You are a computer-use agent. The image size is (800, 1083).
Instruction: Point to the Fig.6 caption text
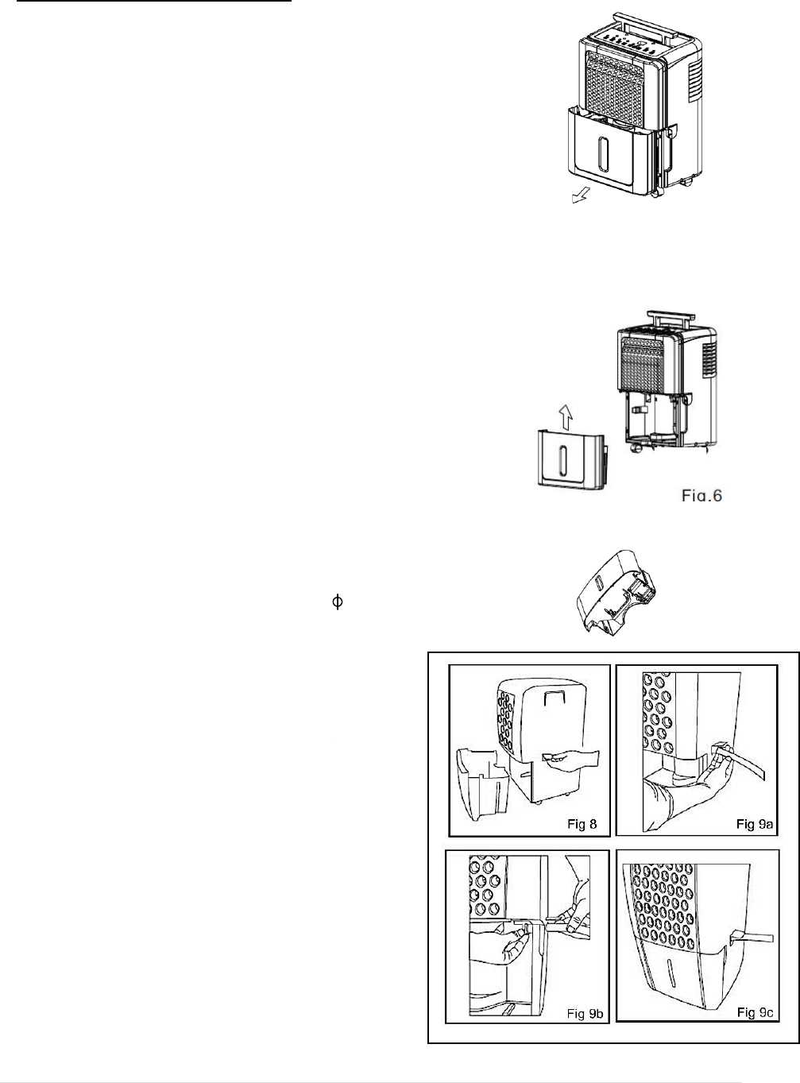701,496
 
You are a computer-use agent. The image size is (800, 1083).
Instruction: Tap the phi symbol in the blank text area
336,603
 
